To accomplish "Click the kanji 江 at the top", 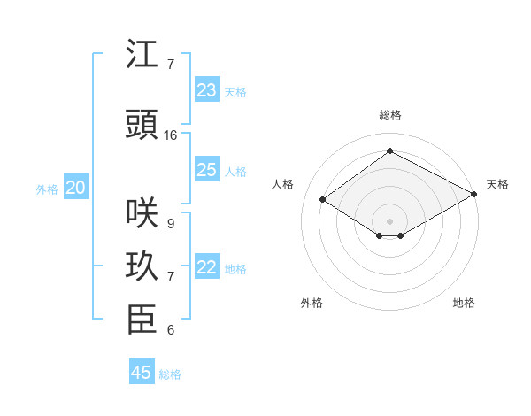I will point(142,55).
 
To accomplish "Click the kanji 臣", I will point(142,320).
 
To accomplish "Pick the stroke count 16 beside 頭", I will point(171,135).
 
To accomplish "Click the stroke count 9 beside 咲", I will point(170,223).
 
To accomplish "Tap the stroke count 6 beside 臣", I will point(170,330).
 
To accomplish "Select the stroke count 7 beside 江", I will point(170,65).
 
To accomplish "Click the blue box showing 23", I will point(206,90).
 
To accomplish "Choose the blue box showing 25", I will point(206,170).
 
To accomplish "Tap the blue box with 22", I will point(206,267).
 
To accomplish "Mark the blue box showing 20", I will point(76,188).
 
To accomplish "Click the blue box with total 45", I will point(142,373).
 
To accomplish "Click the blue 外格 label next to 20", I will point(46,189).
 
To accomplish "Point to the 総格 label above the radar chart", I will point(389,115).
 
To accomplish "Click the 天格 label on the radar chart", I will point(497,184).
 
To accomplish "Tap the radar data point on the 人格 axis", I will point(323,200).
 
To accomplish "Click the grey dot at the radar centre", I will point(389,220).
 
